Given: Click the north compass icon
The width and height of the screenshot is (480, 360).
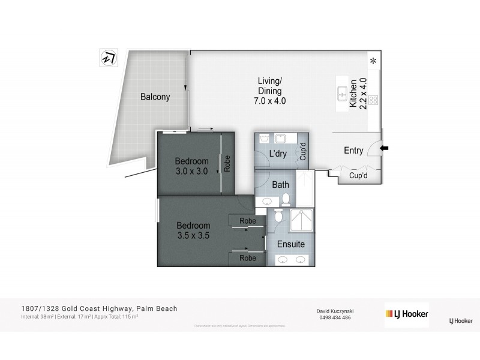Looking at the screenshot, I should click(x=109, y=58).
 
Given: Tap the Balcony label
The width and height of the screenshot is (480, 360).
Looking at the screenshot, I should click(x=155, y=97).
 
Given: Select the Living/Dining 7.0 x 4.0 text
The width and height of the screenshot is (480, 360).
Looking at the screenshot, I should click(x=269, y=91).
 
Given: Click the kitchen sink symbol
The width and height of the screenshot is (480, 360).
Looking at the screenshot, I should click(x=341, y=94).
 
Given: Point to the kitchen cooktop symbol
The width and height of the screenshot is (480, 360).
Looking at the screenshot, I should click(x=373, y=100).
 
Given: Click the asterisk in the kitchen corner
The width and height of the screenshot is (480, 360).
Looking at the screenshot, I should click(x=373, y=61).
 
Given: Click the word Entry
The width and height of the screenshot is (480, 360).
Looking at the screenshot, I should click(x=353, y=151).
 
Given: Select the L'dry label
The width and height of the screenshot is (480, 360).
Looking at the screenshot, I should click(x=278, y=154).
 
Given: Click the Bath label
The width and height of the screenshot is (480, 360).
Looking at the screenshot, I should click(x=281, y=185).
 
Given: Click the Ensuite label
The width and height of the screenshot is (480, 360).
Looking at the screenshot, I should click(x=290, y=244).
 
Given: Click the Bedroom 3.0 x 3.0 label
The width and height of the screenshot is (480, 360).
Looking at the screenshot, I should click(x=191, y=166).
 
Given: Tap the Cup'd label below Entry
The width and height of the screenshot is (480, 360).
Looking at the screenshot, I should click(x=358, y=177).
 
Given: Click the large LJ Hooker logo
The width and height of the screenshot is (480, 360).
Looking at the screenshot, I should click(x=406, y=314).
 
